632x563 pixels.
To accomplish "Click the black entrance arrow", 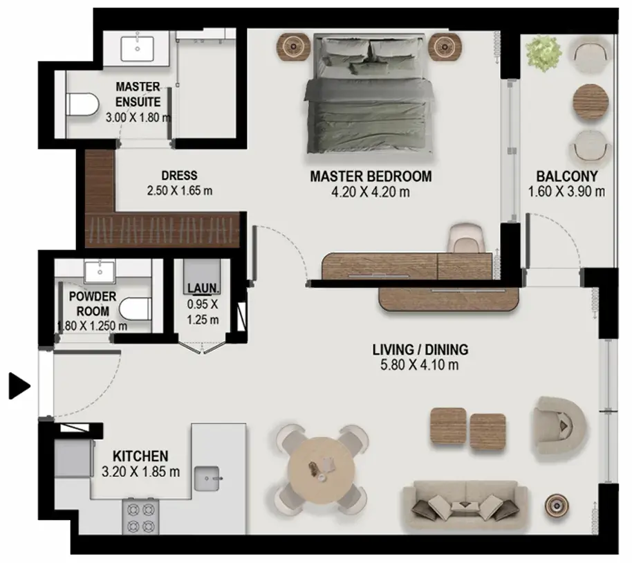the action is pos(19,386).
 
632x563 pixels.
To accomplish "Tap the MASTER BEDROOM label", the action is pos(371,176).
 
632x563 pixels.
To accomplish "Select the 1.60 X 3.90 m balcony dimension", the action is pos(566,192).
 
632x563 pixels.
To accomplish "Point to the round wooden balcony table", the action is pos(591,102).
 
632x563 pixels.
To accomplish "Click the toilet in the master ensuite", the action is pos(82,104).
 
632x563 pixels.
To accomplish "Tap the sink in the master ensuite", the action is pos(138,49).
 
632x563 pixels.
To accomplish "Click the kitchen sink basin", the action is pos(207,479).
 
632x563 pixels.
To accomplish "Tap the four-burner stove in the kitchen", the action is pos(140,517).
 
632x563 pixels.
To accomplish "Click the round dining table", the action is pos(322,470).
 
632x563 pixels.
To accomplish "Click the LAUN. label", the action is pos(203,288).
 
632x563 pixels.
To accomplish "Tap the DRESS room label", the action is pos(179,176).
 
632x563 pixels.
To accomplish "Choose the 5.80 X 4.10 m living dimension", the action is pos(420,365).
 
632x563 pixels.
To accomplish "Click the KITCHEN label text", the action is pos(140,456).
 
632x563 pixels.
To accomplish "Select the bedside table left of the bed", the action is pos(293,47).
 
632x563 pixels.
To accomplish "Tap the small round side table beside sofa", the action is pos(557,506).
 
